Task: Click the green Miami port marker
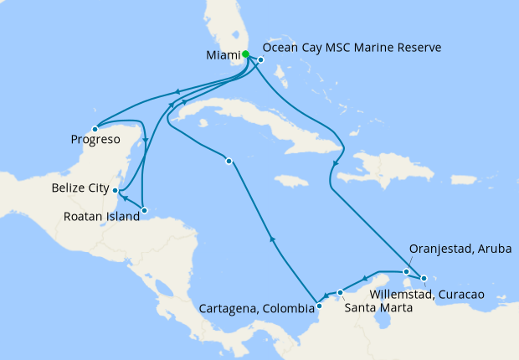pyautogui.click(x=245, y=55)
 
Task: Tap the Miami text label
pyautogui.click(x=221, y=55)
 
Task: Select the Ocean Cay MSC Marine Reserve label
pyautogui.click(x=352, y=48)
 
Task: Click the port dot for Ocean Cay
pyautogui.click(x=261, y=59)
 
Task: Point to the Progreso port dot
pyautogui.click(x=95, y=129)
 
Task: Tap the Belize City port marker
pyautogui.click(x=116, y=191)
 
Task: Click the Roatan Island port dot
pyautogui.click(x=144, y=209)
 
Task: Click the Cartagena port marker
pyautogui.click(x=318, y=305)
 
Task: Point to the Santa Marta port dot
pyautogui.click(x=340, y=292)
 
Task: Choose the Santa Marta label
pyautogui.click(x=373, y=307)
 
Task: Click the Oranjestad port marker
pyautogui.click(x=406, y=271)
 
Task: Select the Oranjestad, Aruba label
pyautogui.click(x=460, y=249)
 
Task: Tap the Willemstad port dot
pyautogui.click(x=424, y=278)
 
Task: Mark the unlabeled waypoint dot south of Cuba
pyautogui.click(x=229, y=161)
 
